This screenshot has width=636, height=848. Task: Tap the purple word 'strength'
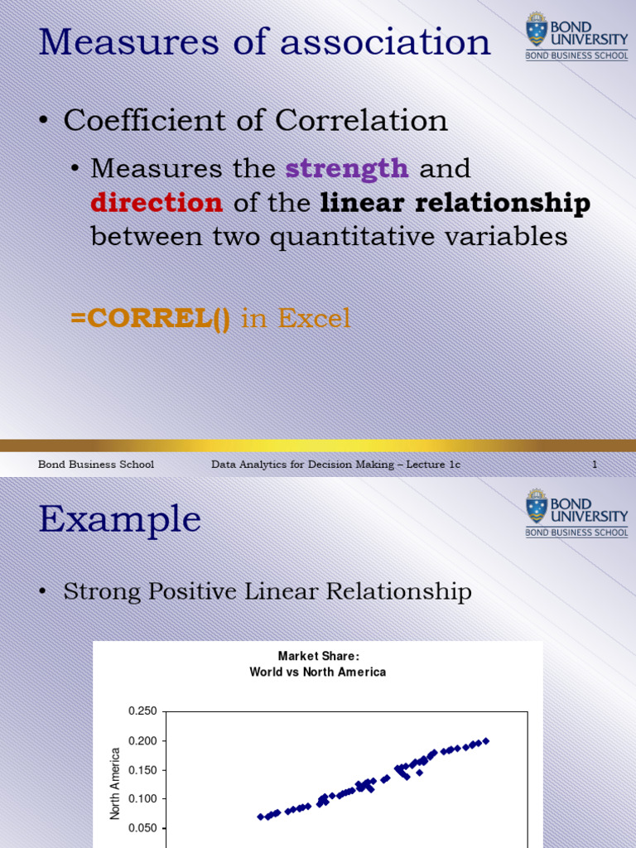347,168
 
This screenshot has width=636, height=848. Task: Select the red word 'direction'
157,202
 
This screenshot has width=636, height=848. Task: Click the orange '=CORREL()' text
151,318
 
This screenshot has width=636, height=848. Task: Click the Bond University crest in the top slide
537,31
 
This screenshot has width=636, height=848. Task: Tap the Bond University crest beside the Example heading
537,505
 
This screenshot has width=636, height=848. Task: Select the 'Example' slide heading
119,519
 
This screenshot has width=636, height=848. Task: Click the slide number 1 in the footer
594,465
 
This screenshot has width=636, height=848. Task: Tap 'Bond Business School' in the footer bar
96,465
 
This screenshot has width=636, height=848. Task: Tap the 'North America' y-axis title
116,783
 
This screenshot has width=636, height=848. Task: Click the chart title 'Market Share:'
318,656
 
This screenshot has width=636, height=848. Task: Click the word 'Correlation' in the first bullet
361,121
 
